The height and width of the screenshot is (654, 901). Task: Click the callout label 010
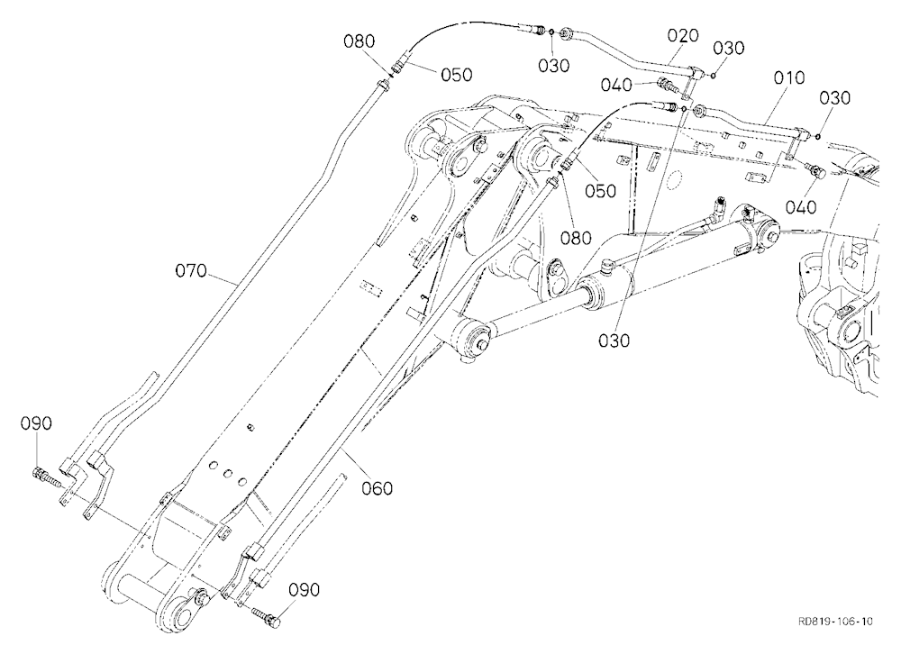(789, 77)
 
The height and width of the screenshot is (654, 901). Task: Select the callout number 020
(683, 36)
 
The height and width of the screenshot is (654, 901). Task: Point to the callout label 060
(377, 488)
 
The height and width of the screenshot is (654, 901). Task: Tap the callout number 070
(191, 270)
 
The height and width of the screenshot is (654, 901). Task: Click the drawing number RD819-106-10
(835, 622)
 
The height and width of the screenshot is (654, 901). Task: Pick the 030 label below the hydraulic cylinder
(614, 341)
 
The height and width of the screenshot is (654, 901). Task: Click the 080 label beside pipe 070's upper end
(359, 41)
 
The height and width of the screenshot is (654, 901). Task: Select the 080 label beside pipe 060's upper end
(576, 237)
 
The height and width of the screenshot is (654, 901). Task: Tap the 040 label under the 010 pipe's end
(800, 207)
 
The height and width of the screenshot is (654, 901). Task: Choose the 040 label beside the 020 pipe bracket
(616, 85)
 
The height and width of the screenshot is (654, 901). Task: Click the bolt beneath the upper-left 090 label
(45, 476)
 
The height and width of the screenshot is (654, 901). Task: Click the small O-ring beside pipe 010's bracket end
(817, 136)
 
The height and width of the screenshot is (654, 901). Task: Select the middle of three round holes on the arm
(228, 473)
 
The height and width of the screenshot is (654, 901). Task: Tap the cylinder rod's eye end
(475, 336)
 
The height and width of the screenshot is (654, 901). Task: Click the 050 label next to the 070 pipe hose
(456, 75)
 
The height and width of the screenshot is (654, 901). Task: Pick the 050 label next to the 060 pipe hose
(600, 191)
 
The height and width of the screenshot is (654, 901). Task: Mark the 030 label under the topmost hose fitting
(554, 66)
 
